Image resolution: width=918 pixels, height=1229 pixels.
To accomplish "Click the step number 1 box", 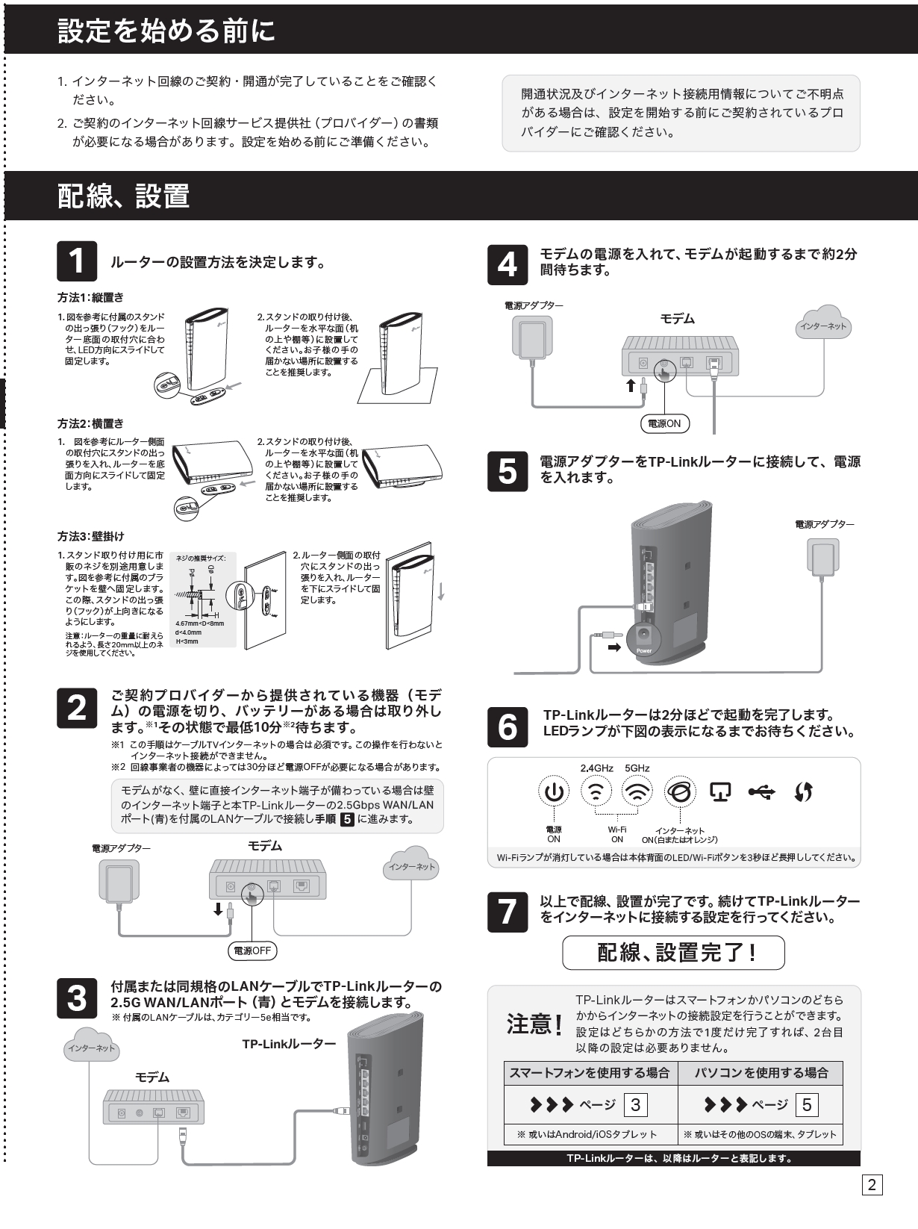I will (77, 261).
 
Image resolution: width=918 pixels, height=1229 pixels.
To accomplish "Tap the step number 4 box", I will (507, 264).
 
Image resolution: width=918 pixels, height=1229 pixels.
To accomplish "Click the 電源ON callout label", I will (665, 423).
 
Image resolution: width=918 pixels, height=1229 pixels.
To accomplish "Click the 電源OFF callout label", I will (252, 950).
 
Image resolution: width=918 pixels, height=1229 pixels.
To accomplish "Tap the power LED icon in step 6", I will (554, 792).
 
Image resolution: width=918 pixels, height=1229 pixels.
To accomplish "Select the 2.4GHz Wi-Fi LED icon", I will (595, 792).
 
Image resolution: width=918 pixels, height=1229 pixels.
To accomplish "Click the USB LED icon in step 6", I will (761, 792).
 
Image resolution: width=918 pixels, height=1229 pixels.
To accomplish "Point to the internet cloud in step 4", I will (822, 324).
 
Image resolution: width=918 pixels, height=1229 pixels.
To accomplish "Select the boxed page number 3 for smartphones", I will (635, 1104).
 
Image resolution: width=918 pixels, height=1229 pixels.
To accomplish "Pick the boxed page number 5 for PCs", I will (807, 1104).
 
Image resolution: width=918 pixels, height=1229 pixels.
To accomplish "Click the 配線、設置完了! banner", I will (673, 953).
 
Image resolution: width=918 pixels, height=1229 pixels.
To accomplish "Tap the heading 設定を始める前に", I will (166, 31).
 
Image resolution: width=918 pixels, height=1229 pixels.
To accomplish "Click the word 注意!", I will (534, 1024).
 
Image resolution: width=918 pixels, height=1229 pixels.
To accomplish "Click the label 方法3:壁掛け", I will (91, 536).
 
